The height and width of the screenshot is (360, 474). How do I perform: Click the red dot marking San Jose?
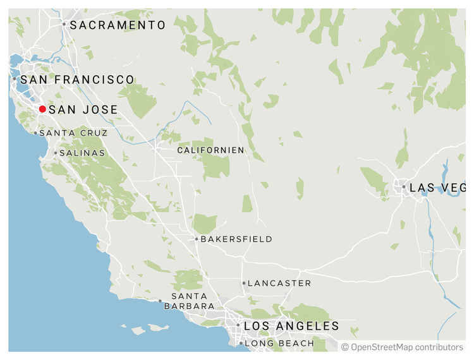tap(42, 109)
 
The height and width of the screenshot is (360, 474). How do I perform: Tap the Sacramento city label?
tap(118, 25)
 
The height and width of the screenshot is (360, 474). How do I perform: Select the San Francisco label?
tap(77, 80)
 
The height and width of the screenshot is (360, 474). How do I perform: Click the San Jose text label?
tap(83, 110)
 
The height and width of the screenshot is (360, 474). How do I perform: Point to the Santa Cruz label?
tap(73, 133)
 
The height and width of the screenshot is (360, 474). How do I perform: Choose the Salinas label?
tap(82, 153)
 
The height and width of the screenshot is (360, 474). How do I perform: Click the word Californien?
tap(210, 150)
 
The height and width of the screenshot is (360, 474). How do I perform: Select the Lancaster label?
tap(279, 284)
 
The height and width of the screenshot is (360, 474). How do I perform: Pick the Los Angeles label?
tap(291, 327)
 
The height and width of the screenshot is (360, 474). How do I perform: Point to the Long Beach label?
tap(279, 344)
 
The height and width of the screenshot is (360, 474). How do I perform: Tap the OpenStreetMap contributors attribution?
tap(402, 347)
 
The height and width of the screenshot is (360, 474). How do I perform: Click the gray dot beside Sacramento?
tap(64, 24)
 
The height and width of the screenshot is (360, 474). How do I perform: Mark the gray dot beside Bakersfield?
tap(197, 239)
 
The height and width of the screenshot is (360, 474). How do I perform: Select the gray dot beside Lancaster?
tap(243, 284)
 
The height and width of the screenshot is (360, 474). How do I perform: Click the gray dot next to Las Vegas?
tap(404, 187)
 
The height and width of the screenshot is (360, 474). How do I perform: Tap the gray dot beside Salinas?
tap(56, 153)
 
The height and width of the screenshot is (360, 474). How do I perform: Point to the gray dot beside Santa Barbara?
tap(160, 301)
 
